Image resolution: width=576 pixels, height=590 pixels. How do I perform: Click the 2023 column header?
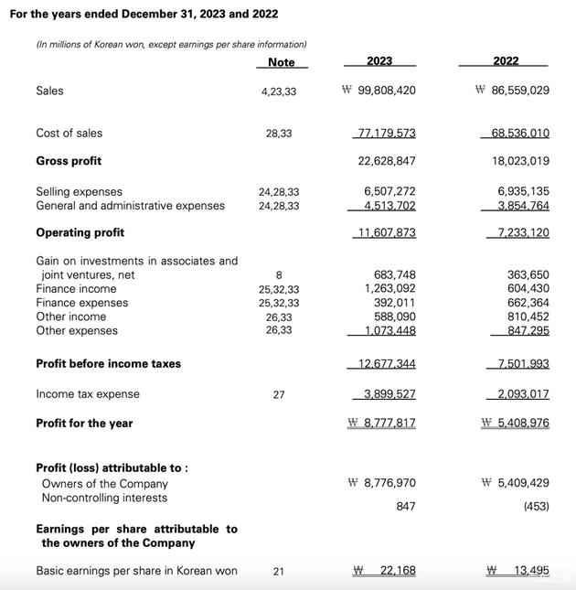click(x=379, y=61)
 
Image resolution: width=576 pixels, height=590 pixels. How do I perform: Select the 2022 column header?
click(x=506, y=61)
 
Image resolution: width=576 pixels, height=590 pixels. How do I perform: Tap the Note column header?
click(x=282, y=62)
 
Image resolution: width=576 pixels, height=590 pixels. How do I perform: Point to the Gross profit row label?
click(x=69, y=161)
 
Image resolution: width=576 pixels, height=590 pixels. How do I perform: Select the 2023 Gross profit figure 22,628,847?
click(x=386, y=161)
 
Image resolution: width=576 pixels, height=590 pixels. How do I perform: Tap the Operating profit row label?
click(x=80, y=232)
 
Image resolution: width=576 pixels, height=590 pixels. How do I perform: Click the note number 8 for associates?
click(x=279, y=274)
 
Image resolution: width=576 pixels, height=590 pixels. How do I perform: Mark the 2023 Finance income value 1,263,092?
click(x=389, y=288)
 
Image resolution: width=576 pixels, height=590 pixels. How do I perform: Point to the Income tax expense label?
click(x=88, y=394)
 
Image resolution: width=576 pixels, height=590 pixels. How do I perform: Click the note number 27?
click(x=279, y=394)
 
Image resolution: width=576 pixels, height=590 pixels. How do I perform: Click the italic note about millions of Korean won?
click(x=171, y=44)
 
